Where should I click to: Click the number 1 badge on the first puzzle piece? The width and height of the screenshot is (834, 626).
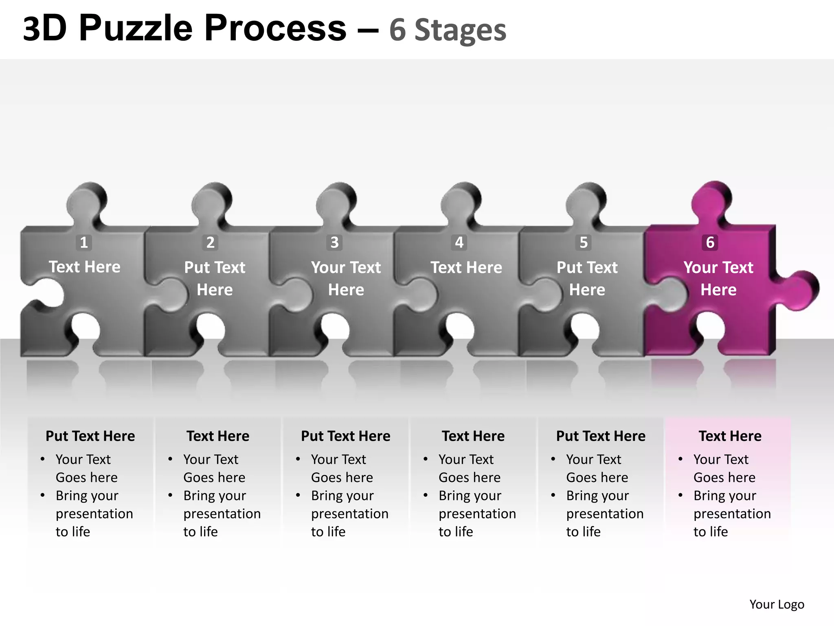84,242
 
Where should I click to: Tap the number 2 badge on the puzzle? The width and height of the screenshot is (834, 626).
210,242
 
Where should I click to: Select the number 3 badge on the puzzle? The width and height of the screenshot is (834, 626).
334,242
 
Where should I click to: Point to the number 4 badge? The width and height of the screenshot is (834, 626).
459,242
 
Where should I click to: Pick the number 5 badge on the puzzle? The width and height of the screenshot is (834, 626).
584,242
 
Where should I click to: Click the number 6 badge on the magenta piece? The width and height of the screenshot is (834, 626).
710,242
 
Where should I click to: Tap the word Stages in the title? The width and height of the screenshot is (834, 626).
460,30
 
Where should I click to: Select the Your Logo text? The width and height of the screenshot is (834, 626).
777,604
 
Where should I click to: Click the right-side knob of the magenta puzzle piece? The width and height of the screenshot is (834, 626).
800,289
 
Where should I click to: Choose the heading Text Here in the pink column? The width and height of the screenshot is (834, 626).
730,436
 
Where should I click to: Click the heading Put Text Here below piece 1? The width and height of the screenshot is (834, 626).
90,436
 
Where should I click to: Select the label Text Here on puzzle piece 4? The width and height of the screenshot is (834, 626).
466,267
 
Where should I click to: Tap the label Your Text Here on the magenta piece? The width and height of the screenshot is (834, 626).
718,278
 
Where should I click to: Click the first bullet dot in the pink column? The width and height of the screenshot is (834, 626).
680,459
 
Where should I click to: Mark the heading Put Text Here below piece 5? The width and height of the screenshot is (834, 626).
601,436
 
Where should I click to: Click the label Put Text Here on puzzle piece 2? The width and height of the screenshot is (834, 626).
215,278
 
